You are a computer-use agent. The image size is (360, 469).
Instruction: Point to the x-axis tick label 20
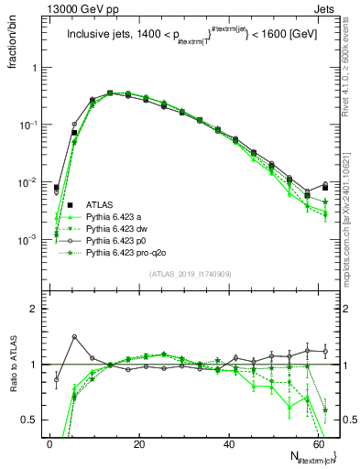[138, 444]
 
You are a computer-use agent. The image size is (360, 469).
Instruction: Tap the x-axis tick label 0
[50, 444]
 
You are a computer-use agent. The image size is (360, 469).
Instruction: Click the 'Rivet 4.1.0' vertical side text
[350, 69]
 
